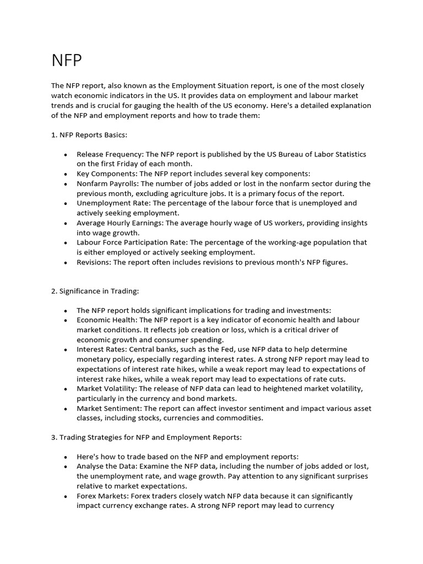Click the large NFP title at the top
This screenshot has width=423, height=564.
pyautogui.click(x=67, y=61)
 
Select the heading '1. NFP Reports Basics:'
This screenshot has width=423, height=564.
pyautogui.click(x=89, y=134)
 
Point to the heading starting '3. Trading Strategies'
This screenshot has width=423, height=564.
pyautogui.click(x=146, y=437)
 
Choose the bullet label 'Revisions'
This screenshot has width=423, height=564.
pyautogui.click(x=94, y=262)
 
